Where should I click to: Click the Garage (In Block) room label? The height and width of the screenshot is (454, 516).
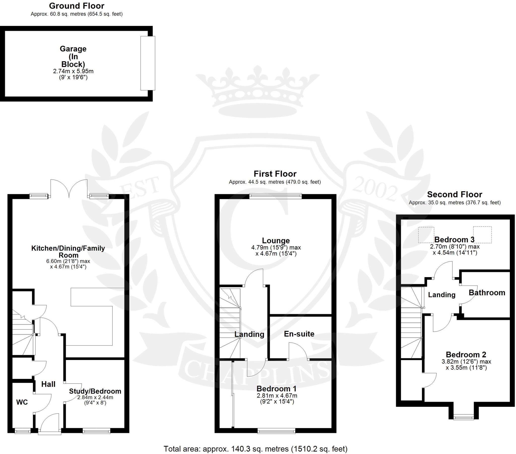pos(73,56)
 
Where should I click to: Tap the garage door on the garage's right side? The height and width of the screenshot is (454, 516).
pos(148,63)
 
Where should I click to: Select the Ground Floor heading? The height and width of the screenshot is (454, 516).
pos(77,6)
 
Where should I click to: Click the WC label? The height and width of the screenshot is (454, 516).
pos(22,402)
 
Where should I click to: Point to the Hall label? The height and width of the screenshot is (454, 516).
pos(48,384)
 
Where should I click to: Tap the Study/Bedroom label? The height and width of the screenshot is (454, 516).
pos(95,391)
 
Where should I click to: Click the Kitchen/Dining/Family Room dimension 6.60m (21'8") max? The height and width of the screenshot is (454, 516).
pos(68,261)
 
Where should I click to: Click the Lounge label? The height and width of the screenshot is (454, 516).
pos(276,240)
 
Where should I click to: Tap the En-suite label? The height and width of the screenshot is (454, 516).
pos(299,334)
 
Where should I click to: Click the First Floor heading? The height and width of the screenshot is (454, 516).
pos(275,174)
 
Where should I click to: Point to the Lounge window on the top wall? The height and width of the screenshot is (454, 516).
pos(275,196)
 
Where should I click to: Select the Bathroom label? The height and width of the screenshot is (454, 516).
pos(487,293)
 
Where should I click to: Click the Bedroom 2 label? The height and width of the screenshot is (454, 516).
pos(466,354)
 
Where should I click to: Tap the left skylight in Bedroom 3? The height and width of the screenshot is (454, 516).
pos(426,235)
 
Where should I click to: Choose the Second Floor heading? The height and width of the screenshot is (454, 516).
pos(455,194)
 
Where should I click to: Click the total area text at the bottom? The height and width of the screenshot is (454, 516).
pos(255,449)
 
